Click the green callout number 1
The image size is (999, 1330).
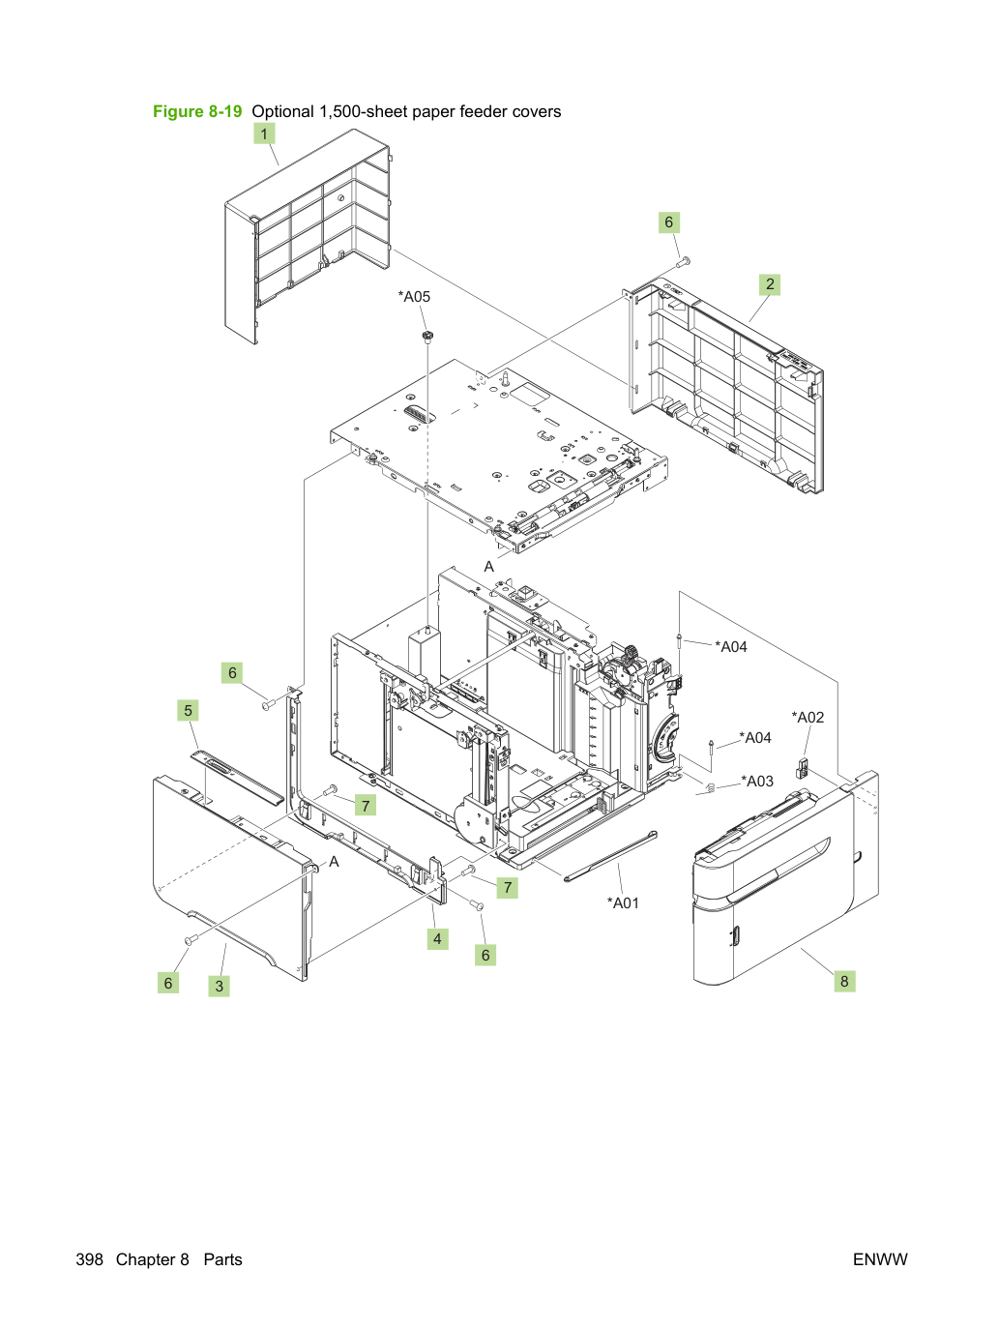click(x=264, y=133)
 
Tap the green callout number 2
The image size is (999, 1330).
click(x=770, y=284)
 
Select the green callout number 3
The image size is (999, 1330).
click(x=219, y=986)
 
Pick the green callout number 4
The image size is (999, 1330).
click(x=437, y=939)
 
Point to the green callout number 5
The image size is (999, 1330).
click(x=188, y=710)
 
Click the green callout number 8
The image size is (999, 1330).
click(x=844, y=981)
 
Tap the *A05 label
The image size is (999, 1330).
click(x=414, y=296)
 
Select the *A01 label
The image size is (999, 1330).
click(x=623, y=902)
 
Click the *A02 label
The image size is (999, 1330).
click(x=808, y=718)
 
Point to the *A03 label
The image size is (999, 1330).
click(x=757, y=781)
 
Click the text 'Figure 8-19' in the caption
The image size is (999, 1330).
click(x=197, y=111)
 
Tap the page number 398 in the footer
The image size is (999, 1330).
click(x=89, y=1259)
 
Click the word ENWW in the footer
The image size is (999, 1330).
click(x=880, y=1259)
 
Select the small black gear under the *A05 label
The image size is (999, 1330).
click(x=427, y=337)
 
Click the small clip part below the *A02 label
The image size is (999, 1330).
click(x=802, y=768)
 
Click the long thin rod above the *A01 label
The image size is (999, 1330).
click(x=610, y=856)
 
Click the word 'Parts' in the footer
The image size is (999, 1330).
click(x=223, y=1259)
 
